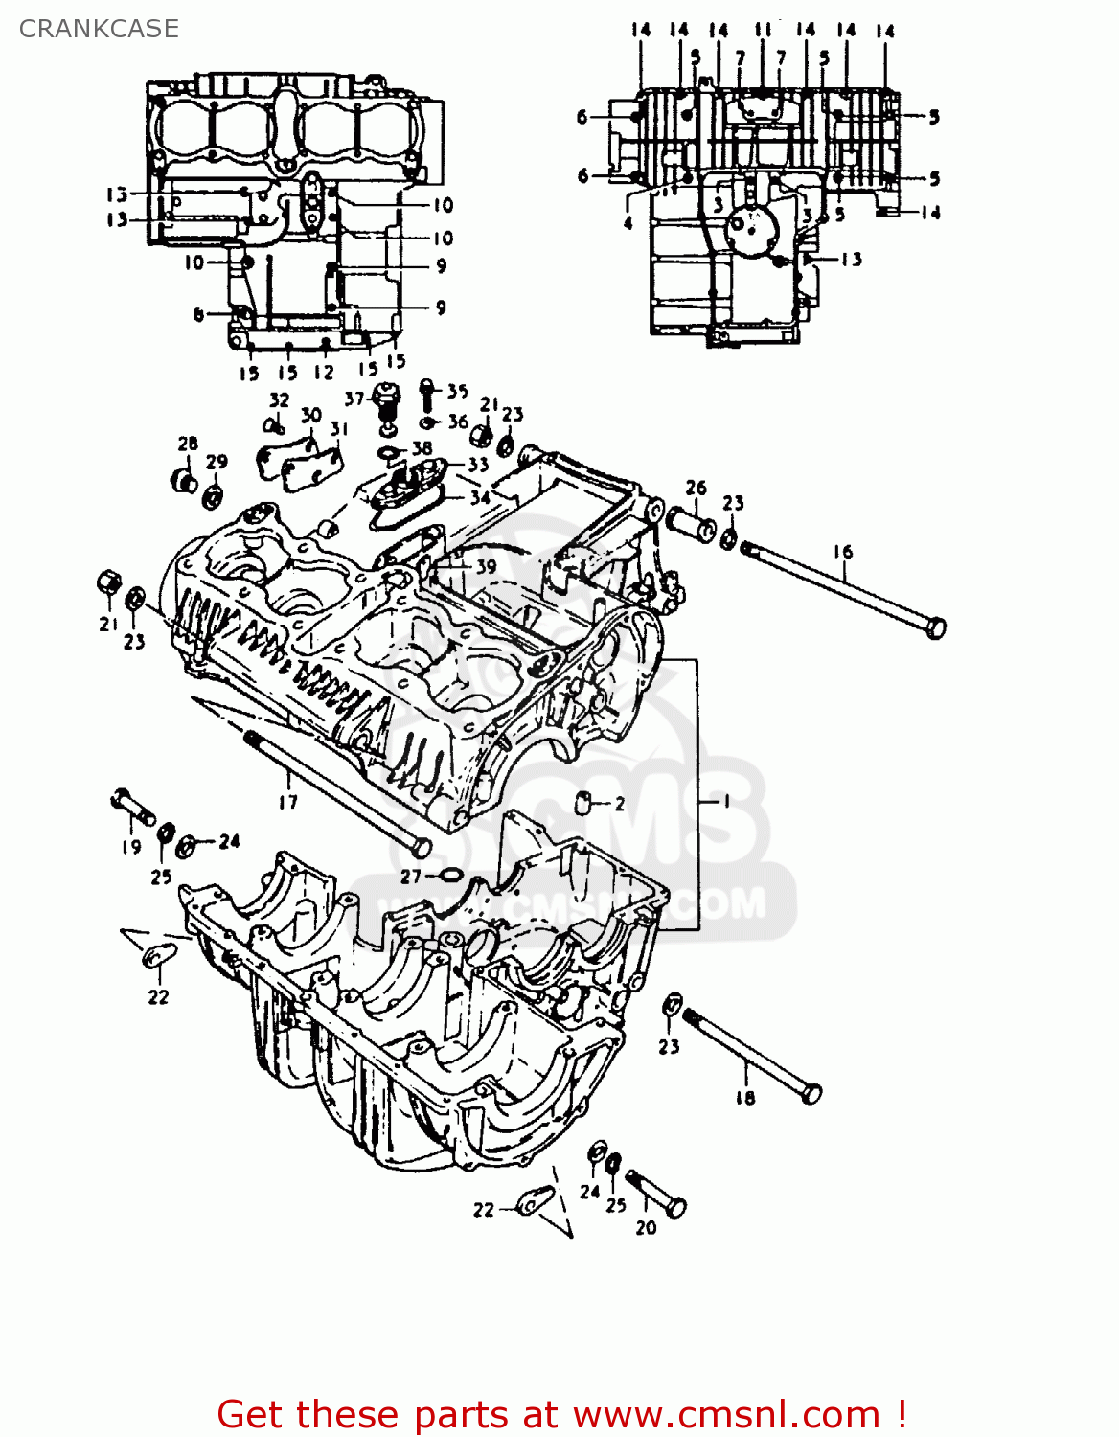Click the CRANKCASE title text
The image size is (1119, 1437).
tap(99, 29)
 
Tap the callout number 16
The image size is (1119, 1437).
tap(842, 552)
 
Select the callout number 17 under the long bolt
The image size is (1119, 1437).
tap(288, 802)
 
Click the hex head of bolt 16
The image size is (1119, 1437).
tap(936, 628)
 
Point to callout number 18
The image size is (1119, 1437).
tap(745, 1098)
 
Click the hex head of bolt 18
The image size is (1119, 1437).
tap(811, 1093)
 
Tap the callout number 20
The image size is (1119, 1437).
tap(647, 1227)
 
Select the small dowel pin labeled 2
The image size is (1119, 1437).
tap(583, 802)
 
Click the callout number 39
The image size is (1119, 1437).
tap(486, 566)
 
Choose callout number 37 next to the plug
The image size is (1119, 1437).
tap(354, 399)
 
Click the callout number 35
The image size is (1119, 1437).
tap(457, 391)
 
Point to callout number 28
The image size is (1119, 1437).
tap(188, 444)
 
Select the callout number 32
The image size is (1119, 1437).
tap(279, 399)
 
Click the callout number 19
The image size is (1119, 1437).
tap(131, 847)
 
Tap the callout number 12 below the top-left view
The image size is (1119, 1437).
tap(324, 373)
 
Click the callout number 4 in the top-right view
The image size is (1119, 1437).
tap(628, 223)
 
